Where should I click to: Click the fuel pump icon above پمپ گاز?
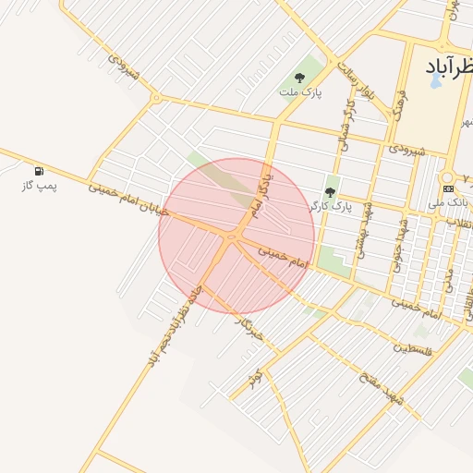tap(39, 171)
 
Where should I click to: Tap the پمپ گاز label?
tap(40, 186)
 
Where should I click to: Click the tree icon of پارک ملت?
tap(299, 79)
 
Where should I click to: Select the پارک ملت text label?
tap(299, 92)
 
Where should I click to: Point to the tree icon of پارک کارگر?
tap(330, 191)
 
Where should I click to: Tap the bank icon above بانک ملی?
tap(448, 188)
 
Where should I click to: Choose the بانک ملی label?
tap(452, 201)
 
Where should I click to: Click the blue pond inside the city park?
tap(435, 81)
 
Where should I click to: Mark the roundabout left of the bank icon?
tap(446, 176)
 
